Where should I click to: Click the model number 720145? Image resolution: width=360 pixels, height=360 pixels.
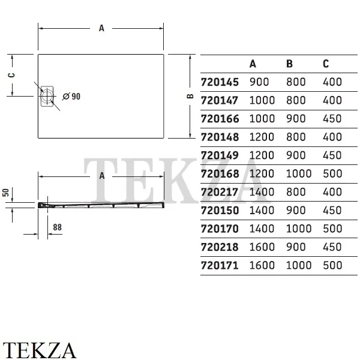click(x=220, y=82)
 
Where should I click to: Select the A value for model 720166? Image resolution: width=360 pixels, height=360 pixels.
click(x=262, y=119)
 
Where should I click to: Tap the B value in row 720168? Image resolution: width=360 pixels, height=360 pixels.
click(x=299, y=173)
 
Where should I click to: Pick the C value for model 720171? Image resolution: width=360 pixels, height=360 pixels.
click(x=332, y=265)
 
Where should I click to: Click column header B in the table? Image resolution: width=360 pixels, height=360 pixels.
click(x=290, y=64)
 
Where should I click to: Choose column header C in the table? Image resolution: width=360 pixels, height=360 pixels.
click(x=326, y=64)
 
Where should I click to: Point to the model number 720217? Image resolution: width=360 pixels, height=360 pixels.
click(x=220, y=192)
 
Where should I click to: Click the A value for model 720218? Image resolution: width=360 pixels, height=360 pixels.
click(x=262, y=247)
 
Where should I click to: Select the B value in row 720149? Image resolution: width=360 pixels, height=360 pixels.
click(x=296, y=155)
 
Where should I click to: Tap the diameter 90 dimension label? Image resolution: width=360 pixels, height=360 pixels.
click(x=71, y=97)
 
